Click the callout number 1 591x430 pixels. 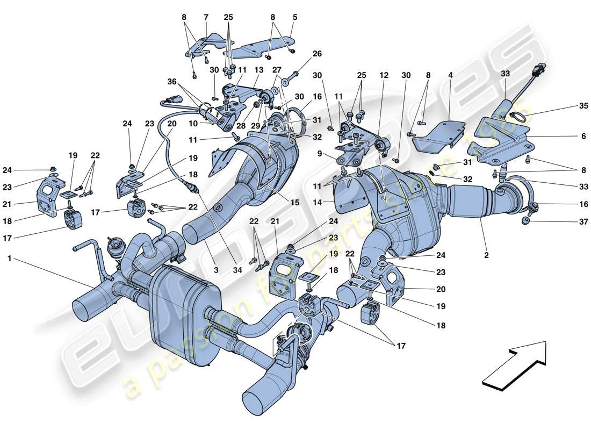9,259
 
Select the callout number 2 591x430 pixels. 486,256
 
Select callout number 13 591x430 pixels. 259,70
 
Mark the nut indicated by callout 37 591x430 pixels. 527,221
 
